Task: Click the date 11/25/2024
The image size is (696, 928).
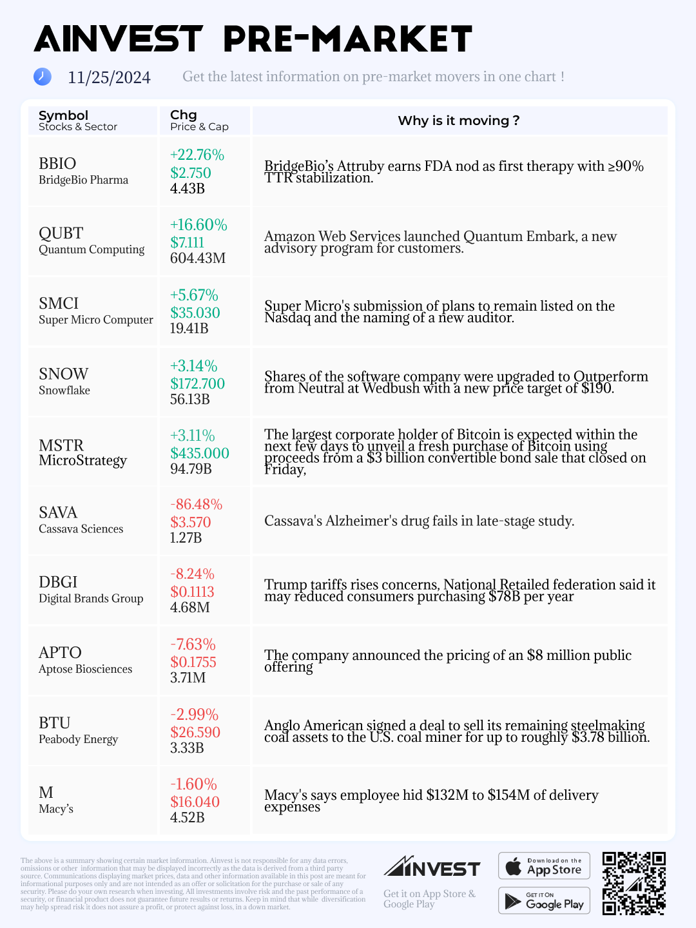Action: click(109, 78)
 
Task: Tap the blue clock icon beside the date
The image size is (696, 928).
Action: click(42, 77)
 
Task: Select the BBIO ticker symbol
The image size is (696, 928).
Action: click(57, 164)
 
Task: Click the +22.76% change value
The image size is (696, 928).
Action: click(197, 155)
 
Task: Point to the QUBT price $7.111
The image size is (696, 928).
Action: click(187, 243)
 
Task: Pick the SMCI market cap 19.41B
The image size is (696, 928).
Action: click(189, 329)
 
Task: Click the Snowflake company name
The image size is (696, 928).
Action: click(64, 391)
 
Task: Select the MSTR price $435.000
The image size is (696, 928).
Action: click(199, 453)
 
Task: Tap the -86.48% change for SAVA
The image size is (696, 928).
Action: click(196, 505)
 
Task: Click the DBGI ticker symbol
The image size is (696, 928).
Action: click(58, 582)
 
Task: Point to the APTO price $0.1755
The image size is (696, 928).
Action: click(193, 662)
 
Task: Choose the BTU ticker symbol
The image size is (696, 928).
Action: click(54, 723)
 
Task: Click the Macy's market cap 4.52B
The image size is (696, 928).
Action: click(187, 818)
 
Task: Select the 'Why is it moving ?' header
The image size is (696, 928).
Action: click(459, 121)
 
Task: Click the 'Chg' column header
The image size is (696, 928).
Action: click(183, 115)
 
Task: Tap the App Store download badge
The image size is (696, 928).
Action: click(544, 866)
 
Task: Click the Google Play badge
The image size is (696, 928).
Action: click(544, 901)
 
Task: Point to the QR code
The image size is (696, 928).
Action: click(633, 884)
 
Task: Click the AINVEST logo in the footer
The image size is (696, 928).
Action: click(432, 867)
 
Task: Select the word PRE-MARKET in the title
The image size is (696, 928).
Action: click(347, 39)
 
